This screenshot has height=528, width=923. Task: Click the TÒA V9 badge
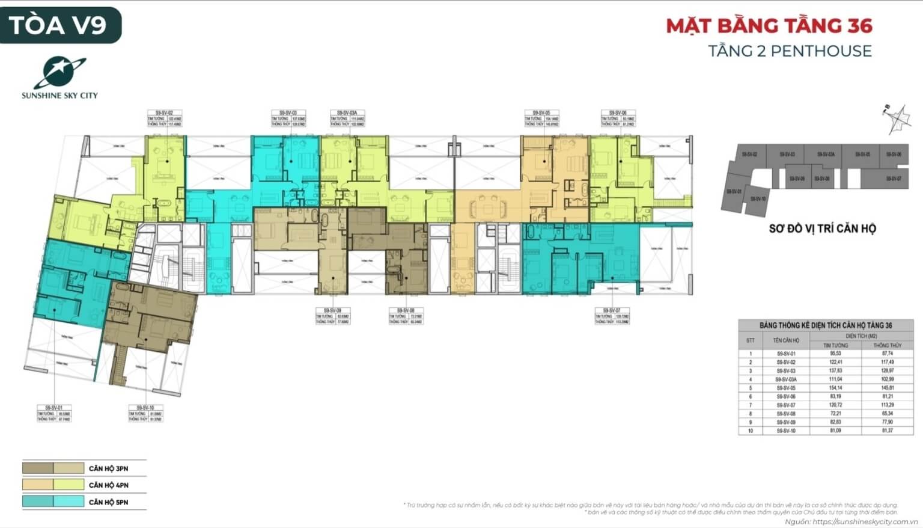pyautogui.click(x=58, y=25)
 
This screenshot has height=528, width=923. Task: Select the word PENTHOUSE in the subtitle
pyautogui.click(x=821, y=51)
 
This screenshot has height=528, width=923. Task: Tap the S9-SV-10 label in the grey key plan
pyautogui.click(x=758, y=198)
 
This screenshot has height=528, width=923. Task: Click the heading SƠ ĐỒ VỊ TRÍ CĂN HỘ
pyautogui.click(x=822, y=229)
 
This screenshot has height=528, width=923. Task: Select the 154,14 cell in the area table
pyautogui.click(x=835, y=388)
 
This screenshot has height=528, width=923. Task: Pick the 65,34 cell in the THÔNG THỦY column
pyautogui.click(x=888, y=414)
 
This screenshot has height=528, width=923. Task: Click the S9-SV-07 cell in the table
pyautogui.click(x=786, y=405)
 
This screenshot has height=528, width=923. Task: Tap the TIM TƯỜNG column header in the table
pyautogui.click(x=835, y=345)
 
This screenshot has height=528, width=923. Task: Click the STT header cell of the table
pyautogui.click(x=751, y=340)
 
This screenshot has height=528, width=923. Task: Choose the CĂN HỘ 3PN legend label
pyautogui.click(x=108, y=468)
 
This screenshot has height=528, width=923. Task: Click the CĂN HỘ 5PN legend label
pyautogui.click(x=108, y=502)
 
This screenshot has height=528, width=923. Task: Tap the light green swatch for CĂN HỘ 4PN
pyautogui.click(x=69, y=485)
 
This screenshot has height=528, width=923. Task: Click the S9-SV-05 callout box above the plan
pyautogui.click(x=542, y=118)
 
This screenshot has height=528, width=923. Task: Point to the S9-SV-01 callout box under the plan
pyautogui.click(x=53, y=413)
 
